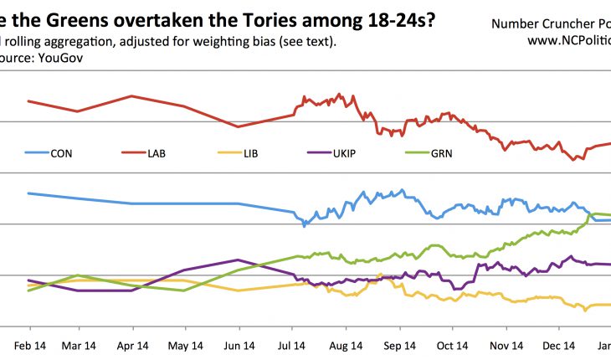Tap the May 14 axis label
coord(185,344)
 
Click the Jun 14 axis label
coord(239,344)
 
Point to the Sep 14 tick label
coord(399,344)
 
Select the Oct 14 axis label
coord(453,344)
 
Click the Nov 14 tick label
coord(506,344)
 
